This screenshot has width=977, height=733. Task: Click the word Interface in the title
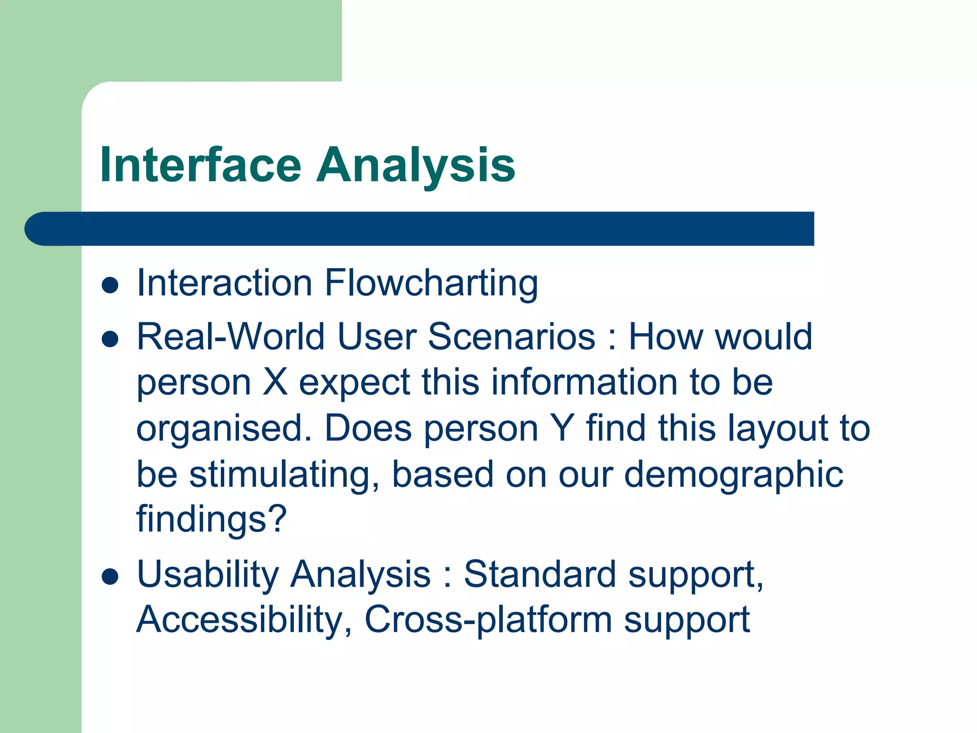pyautogui.click(x=200, y=165)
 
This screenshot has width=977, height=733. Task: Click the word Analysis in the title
pyautogui.click(x=416, y=165)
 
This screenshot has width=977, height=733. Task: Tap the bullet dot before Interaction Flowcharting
pyautogui.click(x=110, y=285)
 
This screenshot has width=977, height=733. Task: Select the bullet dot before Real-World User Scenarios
pyautogui.click(x=110, y=339)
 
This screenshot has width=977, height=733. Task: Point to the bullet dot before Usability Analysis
pyautogui.click(x=110, y=576)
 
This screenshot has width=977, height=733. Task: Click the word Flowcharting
pyautogui.click(x=431, y=283)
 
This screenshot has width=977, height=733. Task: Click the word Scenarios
pyautogui.click(x=511, y=337)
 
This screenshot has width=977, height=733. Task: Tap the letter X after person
pyautogui.click(x=275, y=382)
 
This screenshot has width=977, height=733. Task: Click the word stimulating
pyautogui.click(x=284, y=475)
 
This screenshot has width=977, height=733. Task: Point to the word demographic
pyautogui.click(x=734, y=475)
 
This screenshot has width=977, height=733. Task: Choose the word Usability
pyautogui.click(x=208, y=575)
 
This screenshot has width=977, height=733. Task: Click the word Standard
pyautogui.click(x=540, y=574)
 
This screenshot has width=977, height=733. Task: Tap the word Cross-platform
pyautogui.click(x=488, y=620)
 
